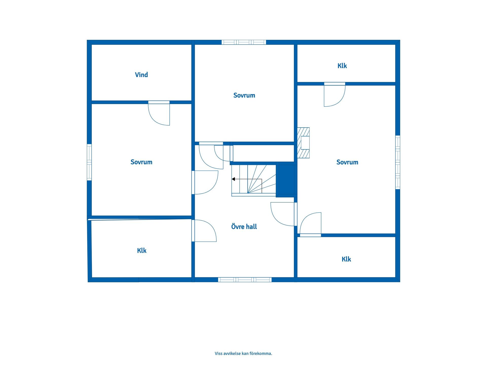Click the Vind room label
(141, 75)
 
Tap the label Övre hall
(244, 226)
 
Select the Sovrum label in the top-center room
(244, 95)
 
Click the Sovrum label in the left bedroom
(141, 162)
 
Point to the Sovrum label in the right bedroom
(347, 162)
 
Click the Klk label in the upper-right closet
(342, 66)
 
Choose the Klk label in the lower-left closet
(142, 251)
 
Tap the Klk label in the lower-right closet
(346, 259)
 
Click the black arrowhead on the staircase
(233, 179)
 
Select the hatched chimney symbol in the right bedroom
(303, 143)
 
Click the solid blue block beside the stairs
(286, 179)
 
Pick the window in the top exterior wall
(244, 42)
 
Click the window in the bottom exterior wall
(245, 280)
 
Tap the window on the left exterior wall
(89, 162)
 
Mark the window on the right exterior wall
(398, 162)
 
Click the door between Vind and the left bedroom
(159, 113)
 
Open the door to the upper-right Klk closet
(335, 94)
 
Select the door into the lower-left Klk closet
(204, 231)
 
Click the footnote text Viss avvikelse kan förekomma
(243, 353)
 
